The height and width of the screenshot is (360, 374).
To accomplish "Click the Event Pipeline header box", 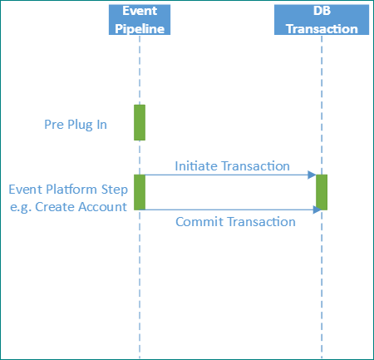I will (x=140, y=19).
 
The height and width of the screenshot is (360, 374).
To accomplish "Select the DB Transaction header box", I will (x=321, y=19).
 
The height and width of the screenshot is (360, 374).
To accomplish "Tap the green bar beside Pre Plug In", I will (x=140, y=122).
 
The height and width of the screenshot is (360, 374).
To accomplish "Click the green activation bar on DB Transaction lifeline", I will (x=322, y=192).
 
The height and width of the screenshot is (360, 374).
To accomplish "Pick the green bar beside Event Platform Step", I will (x=140, y=192).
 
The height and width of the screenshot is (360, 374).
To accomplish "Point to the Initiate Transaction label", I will (x=232, y=165).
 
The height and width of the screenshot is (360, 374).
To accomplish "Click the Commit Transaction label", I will (x=236, y=222).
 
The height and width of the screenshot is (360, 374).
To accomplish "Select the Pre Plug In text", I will (x=76, y=125).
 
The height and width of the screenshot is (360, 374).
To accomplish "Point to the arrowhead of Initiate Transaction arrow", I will (x=312, y=175).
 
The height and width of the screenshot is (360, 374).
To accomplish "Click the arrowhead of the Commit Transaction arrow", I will (x=317, y=210).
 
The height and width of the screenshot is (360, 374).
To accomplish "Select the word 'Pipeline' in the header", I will (x=140, y=27).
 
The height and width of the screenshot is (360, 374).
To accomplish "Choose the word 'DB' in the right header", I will (x=321, y=12).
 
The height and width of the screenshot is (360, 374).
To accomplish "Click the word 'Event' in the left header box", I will (x=140, y=12).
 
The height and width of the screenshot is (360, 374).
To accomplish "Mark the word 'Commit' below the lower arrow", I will (x=196, y=222).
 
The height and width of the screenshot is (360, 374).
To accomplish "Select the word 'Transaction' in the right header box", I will (x=321, y=27).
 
